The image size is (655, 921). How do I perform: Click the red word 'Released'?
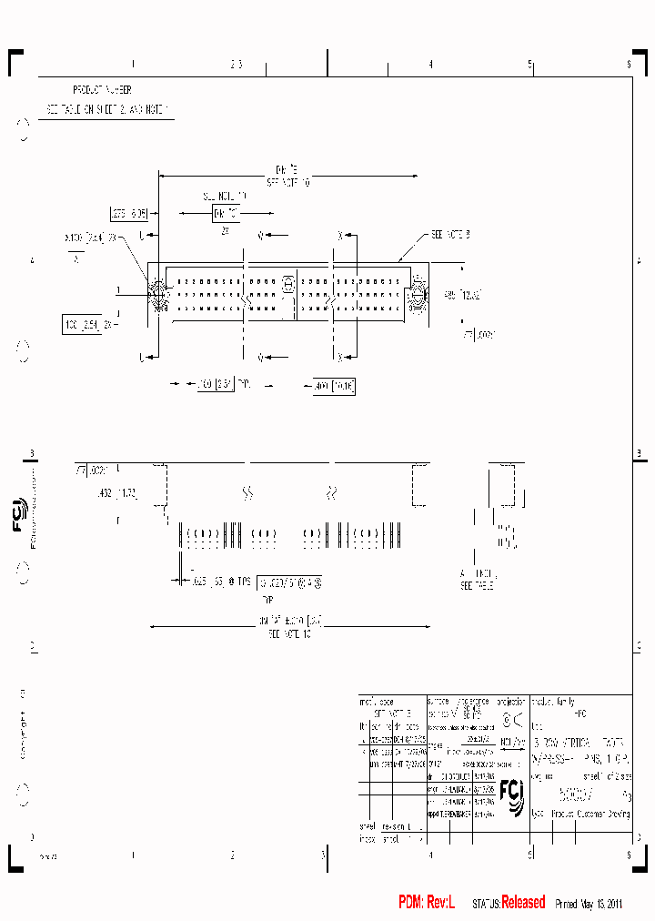click(523, 902)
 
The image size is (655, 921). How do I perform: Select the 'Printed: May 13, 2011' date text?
click(588, 904)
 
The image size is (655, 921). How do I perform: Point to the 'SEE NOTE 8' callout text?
click(449, 235)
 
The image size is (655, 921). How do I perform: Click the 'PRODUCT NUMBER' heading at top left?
click(102, 90)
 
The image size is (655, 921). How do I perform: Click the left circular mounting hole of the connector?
click(156, 294)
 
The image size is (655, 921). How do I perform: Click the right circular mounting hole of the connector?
click(418, 294)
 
